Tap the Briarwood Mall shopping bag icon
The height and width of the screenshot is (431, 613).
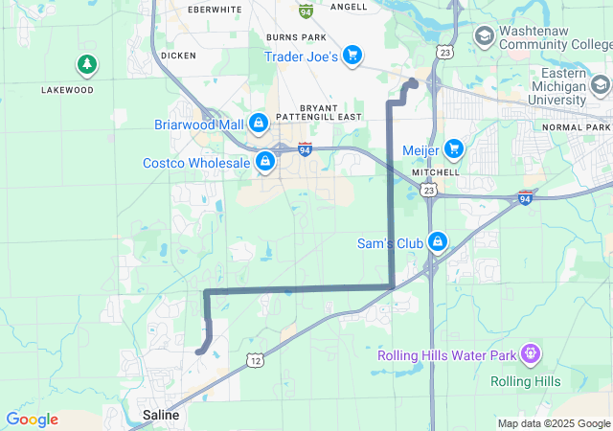258,124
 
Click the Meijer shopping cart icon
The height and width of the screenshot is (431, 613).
453,148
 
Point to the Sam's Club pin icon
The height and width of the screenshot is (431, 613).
437,241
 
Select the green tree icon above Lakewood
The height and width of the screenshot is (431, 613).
87,64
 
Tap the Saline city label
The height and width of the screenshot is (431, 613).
160,415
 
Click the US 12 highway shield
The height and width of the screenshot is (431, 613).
254,359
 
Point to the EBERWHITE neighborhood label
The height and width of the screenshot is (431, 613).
216,10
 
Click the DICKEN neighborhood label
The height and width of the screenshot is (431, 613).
178,56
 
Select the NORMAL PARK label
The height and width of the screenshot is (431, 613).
576,127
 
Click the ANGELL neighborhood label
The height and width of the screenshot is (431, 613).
348,7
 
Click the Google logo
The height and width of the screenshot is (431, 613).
32,420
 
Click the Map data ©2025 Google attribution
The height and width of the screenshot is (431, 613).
554,423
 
